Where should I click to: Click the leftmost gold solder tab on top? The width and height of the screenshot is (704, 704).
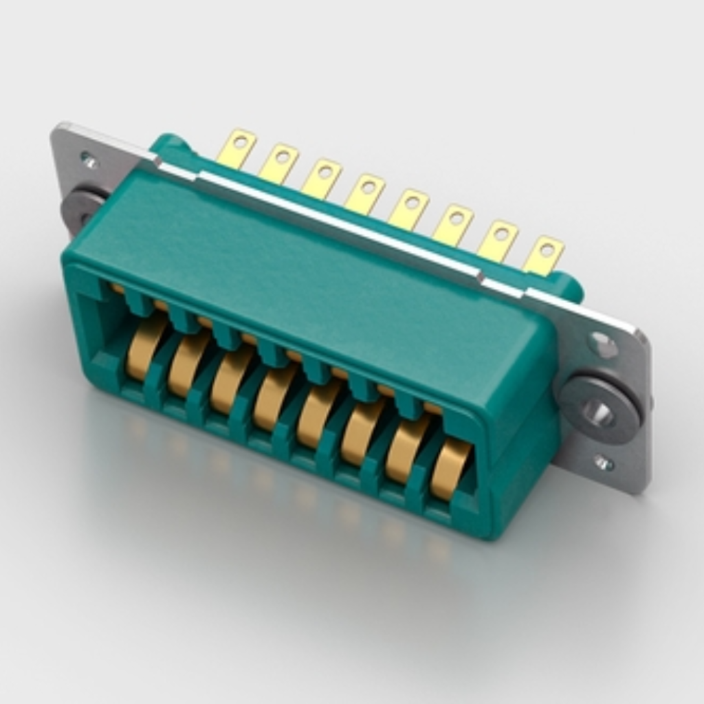(x=236, y=148)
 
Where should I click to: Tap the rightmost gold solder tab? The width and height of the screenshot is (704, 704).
(x=544, y=255)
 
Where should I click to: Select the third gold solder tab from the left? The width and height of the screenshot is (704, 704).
(x=322, y=178)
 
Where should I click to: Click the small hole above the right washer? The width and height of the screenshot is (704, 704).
(x=602, y=344)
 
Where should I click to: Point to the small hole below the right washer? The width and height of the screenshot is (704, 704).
(x=604, y=463)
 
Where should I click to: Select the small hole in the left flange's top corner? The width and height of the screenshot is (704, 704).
(x=89, y=159)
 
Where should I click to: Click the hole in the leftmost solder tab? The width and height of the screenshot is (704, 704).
(x=241, y=142)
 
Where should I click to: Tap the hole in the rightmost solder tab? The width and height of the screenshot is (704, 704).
(x=547, y=249)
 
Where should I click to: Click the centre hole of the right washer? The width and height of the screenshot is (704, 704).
(x=597, y=412)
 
